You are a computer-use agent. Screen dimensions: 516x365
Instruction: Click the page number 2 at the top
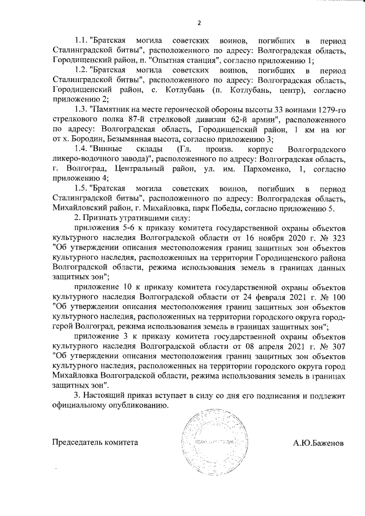(x=198, y=23)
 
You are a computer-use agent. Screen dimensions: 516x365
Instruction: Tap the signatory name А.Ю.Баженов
(x=318, y=442)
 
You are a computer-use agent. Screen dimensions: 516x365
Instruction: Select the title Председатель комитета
(x=95, y=442)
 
